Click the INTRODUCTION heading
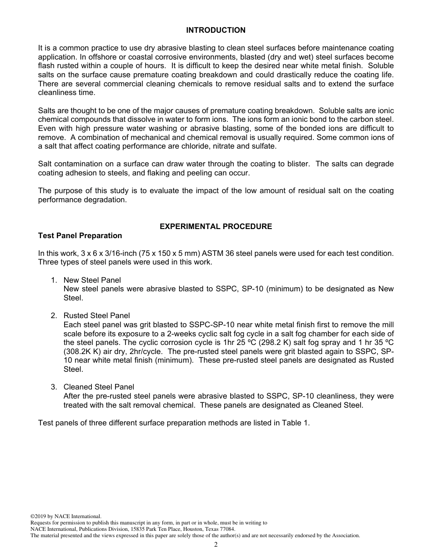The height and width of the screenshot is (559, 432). pos(216,30)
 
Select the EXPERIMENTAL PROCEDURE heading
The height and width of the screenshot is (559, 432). pos(216,226)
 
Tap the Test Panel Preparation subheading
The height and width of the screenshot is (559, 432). pos(80,235)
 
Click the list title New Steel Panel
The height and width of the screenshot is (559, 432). pos(92,280)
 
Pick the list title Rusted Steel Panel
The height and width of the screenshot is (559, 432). pos(96,315)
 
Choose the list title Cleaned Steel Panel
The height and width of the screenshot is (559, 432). pos(99,387)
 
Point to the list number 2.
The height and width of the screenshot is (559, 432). pos(53,315)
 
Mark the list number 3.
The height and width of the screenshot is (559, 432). pos(53,387)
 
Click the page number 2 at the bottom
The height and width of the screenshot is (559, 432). pos(216,545)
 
